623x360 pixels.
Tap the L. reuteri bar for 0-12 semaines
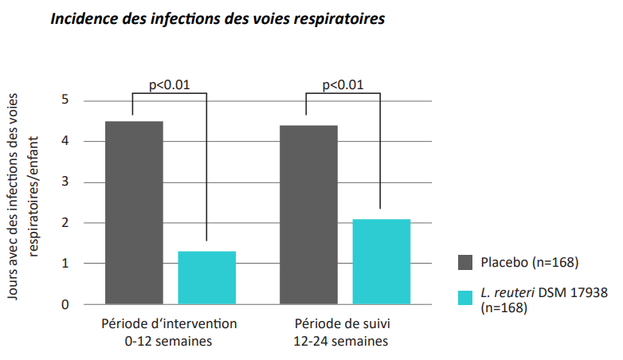(x=206, y=277)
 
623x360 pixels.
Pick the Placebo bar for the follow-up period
(x=308, y=214)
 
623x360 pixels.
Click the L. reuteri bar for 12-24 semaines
(x=381, y=261)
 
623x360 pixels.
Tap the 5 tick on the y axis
(x=65, y=100)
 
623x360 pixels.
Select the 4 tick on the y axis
(x=65, y=141)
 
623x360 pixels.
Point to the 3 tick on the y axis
(x=65, y=182)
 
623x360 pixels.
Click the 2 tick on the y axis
(x=65, y=223)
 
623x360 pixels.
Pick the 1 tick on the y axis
(x=65, y=264)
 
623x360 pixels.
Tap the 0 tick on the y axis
(x=65, y=304)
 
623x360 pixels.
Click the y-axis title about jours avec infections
(x=25, y=195)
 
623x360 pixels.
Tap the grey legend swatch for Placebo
(x=466, y=262)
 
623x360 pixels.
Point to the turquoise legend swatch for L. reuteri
(x=466, y=298)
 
